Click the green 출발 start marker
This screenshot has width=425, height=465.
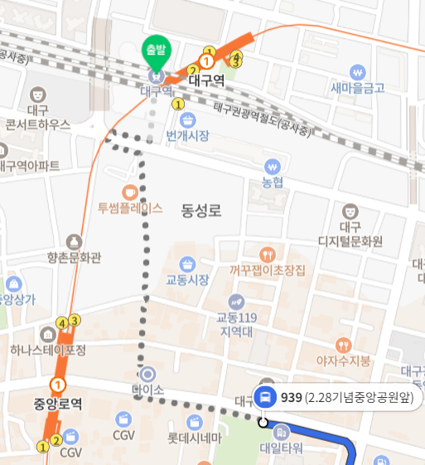point(155,50)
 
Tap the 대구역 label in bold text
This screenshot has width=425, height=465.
point(207,80)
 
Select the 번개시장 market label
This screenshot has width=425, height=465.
point(187,135)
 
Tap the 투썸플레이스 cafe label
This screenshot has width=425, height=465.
point(130,208)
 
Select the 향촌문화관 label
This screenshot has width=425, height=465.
point(75,258)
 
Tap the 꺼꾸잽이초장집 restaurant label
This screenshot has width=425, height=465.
point(268,270)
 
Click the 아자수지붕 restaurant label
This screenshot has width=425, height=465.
point(344,361)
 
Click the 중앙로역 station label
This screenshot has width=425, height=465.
point(58,405)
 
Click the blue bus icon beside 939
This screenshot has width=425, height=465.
point(266,397)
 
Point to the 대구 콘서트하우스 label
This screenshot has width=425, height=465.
point(38,118)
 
